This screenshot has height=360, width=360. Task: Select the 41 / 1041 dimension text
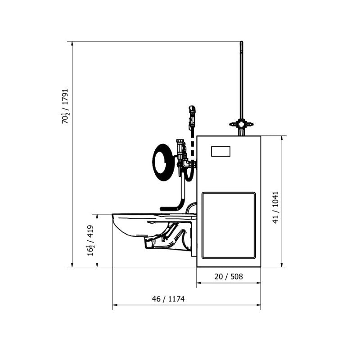[x=275, y=207]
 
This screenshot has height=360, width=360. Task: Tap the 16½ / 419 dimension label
[x=91, y=241]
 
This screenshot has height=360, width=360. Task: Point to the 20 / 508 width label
[x=228, y=277]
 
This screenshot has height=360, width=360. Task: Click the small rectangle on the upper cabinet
[x=220, y=151]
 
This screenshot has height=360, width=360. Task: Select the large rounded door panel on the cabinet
[x=229, y=225]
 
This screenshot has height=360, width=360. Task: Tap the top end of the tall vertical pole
[x=242, y=43]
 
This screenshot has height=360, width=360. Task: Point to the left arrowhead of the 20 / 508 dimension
[x=198, y=283]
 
